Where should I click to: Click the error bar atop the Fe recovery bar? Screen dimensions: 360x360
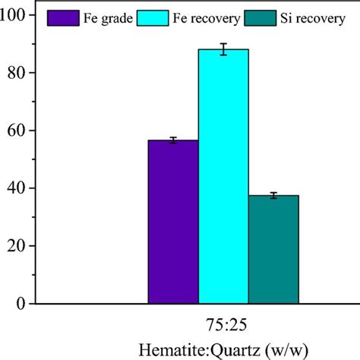click(x=223, y=49)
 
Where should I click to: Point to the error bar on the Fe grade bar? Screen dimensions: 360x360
click(x=173, y=140)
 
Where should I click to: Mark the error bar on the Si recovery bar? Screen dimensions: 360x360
click(x=273, y=195)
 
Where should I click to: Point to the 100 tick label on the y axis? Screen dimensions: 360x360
click(x=17, y=15)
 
